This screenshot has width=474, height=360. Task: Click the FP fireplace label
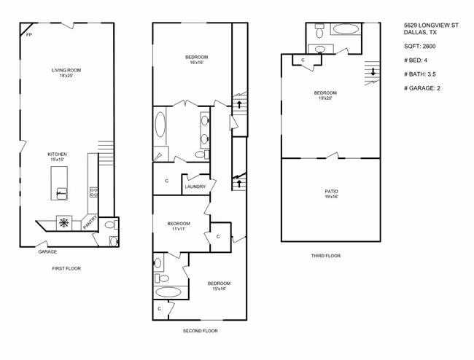point(29,35)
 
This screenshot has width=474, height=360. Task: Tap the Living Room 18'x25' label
point(66,73)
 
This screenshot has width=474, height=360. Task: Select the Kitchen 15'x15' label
point(57,157)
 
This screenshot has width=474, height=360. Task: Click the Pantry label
point(90,222)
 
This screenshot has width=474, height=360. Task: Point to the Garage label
point(47,251)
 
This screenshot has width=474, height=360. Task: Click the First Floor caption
point(66,268)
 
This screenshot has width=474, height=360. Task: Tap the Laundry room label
point(195,187)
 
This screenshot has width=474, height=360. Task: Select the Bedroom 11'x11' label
point(179,226)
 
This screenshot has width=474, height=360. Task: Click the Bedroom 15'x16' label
point(219,286)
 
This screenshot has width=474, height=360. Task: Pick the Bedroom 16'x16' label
point(196,60)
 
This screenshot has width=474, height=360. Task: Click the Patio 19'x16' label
point(331,194)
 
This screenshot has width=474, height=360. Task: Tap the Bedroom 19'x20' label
point(325,95)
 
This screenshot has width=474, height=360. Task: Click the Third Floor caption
point(326,256)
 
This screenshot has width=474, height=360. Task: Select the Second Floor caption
point(200,331)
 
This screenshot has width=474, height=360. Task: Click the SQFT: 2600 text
point(420,46)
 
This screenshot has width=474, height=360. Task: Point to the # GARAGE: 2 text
point(422,88)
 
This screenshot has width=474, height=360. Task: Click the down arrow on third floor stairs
point(373,71)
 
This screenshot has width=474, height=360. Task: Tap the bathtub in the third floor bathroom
point(346,29)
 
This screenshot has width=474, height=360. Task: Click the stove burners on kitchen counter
point(93,192)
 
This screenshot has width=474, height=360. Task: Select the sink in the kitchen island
point(62,194)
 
